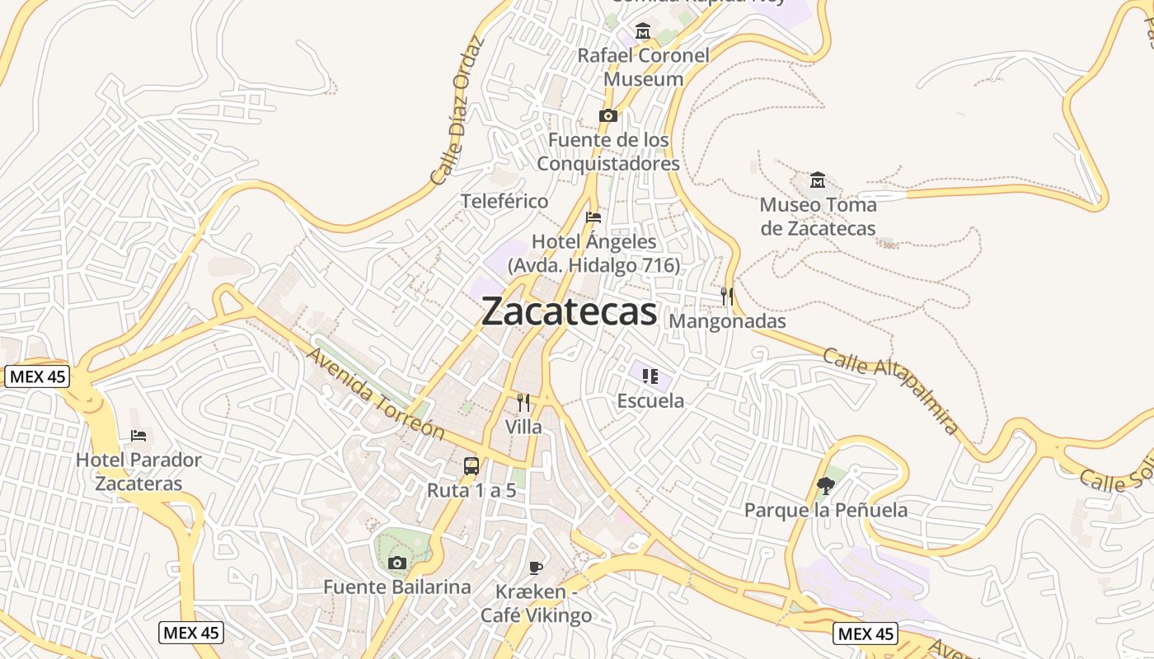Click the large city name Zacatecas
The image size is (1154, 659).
coord(569,311)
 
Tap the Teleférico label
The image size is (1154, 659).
coord(504,201)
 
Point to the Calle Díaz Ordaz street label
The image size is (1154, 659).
coord(455,110)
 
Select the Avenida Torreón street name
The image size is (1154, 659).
coord(375,394)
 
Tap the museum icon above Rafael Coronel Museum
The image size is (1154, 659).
coord(643,32)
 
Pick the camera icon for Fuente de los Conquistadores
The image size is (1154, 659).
coord(608,116)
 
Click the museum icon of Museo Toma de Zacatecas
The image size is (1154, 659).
coord(818,180)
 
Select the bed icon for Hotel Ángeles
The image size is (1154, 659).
coord(593,218)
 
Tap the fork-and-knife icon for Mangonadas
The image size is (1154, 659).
coord(727,297)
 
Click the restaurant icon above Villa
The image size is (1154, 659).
coord(523,403)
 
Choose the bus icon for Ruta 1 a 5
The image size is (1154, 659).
coord(471,466)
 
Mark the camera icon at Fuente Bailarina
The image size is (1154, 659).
coord(396,563)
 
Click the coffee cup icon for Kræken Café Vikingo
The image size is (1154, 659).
coord(536,568)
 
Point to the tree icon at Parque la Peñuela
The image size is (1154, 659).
coord(825,486)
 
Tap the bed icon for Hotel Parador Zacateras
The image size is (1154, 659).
coord(138,435)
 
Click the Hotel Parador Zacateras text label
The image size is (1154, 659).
coord(138,471)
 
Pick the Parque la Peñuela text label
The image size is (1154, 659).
coord(826,510)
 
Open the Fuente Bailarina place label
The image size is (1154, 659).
coord(396,587)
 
